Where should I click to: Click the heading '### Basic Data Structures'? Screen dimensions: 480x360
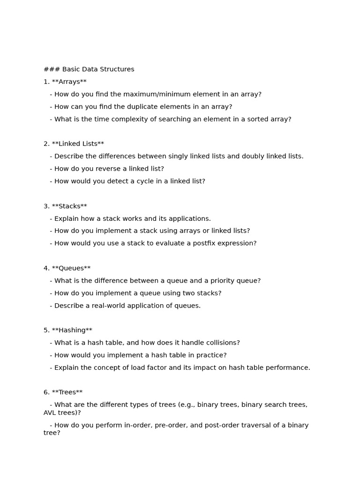pos(89,69)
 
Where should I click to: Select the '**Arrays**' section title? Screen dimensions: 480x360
pos(69,82)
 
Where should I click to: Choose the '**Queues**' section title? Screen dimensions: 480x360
pos(71,269)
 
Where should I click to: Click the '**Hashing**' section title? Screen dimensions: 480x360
pos(72,330)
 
